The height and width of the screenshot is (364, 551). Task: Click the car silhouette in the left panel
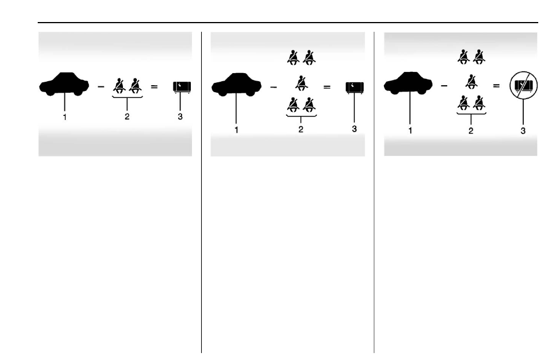click(64, 84)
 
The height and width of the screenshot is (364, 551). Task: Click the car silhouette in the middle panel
click(236, 85)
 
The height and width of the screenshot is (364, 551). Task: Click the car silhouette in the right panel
click(408, 83)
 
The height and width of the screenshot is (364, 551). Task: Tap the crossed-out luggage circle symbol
click(524, 86)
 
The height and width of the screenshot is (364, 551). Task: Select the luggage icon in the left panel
click(182, 87)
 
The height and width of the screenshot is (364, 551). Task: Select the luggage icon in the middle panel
click(354, 88)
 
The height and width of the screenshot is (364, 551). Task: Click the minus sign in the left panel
click(101, 86)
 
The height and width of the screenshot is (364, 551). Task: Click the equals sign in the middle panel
click(327, 87)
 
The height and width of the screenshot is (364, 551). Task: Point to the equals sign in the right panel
click(496, 85)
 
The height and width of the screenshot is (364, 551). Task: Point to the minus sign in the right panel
click(444, 85)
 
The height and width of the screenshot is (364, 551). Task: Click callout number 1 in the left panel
click(64, 117)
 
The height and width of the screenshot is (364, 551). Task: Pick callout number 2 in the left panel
click(127, 117)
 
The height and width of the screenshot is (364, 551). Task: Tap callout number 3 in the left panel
click(180, 117)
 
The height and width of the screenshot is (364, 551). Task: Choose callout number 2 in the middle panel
click(300, 129)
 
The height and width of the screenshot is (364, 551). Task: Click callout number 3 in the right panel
click(523, 131)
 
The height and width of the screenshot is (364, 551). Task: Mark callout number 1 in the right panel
click(410, 131)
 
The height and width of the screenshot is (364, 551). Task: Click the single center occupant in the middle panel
click(301, 83)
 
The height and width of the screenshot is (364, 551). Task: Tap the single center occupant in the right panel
click(471, 81)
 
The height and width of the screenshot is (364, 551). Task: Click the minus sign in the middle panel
click(273, 87)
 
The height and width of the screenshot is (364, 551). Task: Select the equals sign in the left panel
click(154, 86)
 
